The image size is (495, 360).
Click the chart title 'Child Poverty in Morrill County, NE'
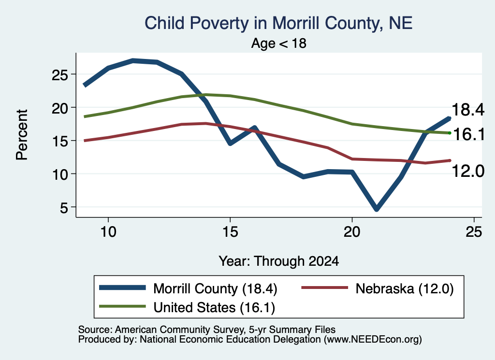tap(278, 23)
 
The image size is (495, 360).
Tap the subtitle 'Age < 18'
tap(279, 43)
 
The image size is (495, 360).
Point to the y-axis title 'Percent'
tap(22, 135)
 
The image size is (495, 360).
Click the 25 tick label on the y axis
tap(60, 75)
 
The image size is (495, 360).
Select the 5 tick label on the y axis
tap(64, 208)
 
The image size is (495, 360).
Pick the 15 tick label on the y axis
tap(60, 142)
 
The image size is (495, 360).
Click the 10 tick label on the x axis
tap(108, 232)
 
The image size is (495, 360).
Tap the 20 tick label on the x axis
tap(352, 232)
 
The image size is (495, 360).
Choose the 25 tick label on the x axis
tap(474, 232)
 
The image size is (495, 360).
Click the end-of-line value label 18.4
tap(468, 110)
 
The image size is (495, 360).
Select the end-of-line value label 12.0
tap(468, 172)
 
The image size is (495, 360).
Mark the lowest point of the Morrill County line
tap(376, 210)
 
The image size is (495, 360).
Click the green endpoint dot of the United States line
tap(450, 133)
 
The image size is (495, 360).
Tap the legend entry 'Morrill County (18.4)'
tap(215, 288)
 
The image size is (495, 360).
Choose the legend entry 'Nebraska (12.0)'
tap(405, 288)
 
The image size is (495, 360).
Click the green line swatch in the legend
tap(122, 306)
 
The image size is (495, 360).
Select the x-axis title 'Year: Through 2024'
tap(279, 261)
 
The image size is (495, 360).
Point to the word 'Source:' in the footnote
tap(95, 330)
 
